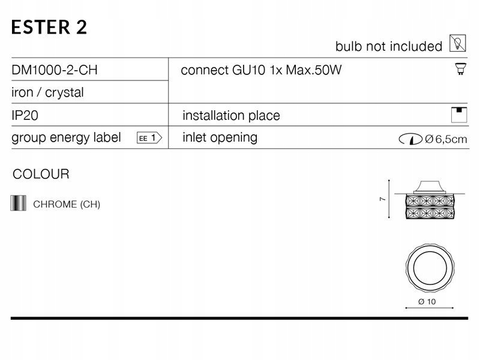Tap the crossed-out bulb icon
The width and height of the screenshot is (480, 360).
[x=457, y=43]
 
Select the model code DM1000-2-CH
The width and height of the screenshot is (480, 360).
[x=55, y=70]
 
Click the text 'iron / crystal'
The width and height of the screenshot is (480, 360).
[x=48, y=92]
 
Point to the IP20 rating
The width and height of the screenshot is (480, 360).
[x=25, y=115]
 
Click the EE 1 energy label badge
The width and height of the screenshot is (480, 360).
[x=150, y=137]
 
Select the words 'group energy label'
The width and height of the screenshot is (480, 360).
[x=66, y=137]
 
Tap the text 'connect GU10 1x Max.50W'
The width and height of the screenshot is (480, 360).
[x=261, y=70]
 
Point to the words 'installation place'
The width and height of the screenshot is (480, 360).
[x=231, y=115]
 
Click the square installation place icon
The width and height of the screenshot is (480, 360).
[x=459, y=115]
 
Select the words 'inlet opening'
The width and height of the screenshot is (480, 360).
[x=220, y=137]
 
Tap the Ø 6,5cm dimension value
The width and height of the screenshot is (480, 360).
[x=446, y=140]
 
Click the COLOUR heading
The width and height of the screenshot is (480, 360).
[x=41, y=175]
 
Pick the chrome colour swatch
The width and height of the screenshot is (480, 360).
[x=19, y=203]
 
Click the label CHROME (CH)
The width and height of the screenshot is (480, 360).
[x=67, y=204]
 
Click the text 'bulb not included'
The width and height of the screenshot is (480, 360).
[x=389, y=46]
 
